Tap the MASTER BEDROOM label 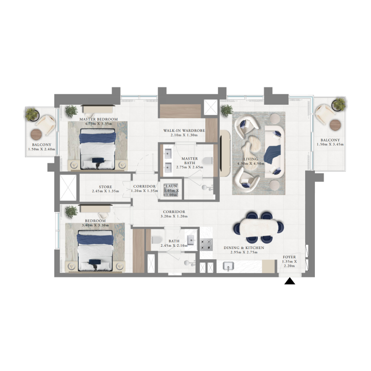pos(98,119)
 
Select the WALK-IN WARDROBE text pos(184,131)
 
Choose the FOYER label pos(290,256)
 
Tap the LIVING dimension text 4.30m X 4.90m pos(250,163)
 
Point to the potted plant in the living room pos(227,110)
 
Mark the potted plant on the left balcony pos(32,115)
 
